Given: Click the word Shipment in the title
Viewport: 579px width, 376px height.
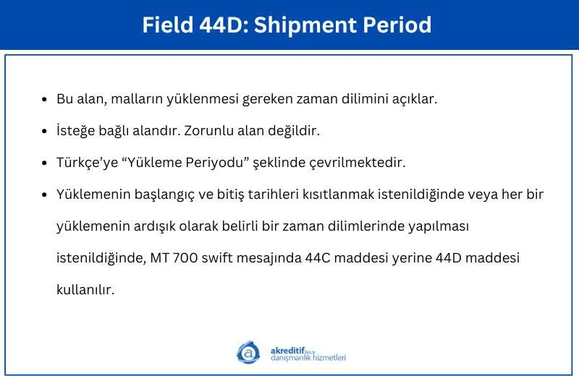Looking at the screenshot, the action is (305, 25).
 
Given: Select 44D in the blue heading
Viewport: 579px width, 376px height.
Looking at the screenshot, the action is (223, 25).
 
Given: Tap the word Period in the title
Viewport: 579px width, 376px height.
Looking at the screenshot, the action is (397, 25).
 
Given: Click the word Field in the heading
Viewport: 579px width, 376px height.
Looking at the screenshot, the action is (169, 25).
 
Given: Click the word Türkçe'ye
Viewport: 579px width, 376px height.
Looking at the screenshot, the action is (87, 163).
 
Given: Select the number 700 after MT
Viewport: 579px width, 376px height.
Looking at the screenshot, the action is (185, 258).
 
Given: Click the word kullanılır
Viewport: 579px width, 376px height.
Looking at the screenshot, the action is (85, 290).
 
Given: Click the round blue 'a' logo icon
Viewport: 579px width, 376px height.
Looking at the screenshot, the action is (248, 352).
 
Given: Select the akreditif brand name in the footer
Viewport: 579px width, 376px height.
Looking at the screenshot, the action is (287, 351).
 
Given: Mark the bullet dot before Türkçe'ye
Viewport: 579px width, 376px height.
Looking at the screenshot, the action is (45, 163).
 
